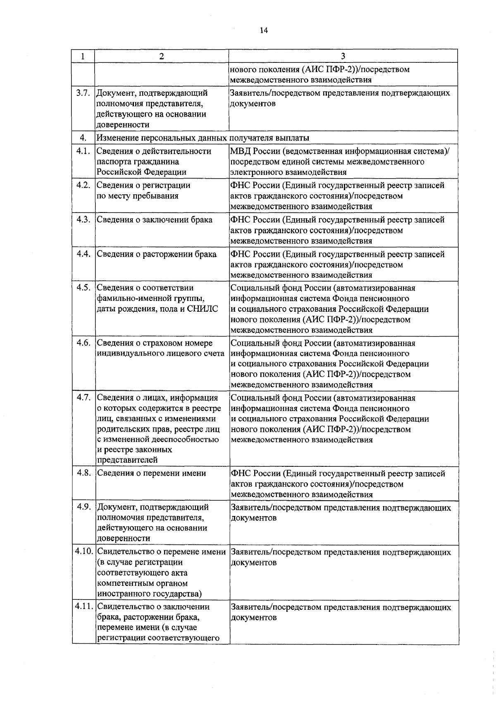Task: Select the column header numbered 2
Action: [161, 56]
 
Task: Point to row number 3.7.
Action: [83, 93]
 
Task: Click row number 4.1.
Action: [83, 151]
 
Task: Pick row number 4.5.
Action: [83, 288]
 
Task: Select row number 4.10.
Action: [84, 552]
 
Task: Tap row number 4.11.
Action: [84, 607]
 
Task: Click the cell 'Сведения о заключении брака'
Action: [155, 220]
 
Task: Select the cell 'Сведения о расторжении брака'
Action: [157, 254]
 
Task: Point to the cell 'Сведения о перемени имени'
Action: [151, 473]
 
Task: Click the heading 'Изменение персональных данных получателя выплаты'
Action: [203, 138]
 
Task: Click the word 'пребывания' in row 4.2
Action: [155, 196]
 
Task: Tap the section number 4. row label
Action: [83, 138]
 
